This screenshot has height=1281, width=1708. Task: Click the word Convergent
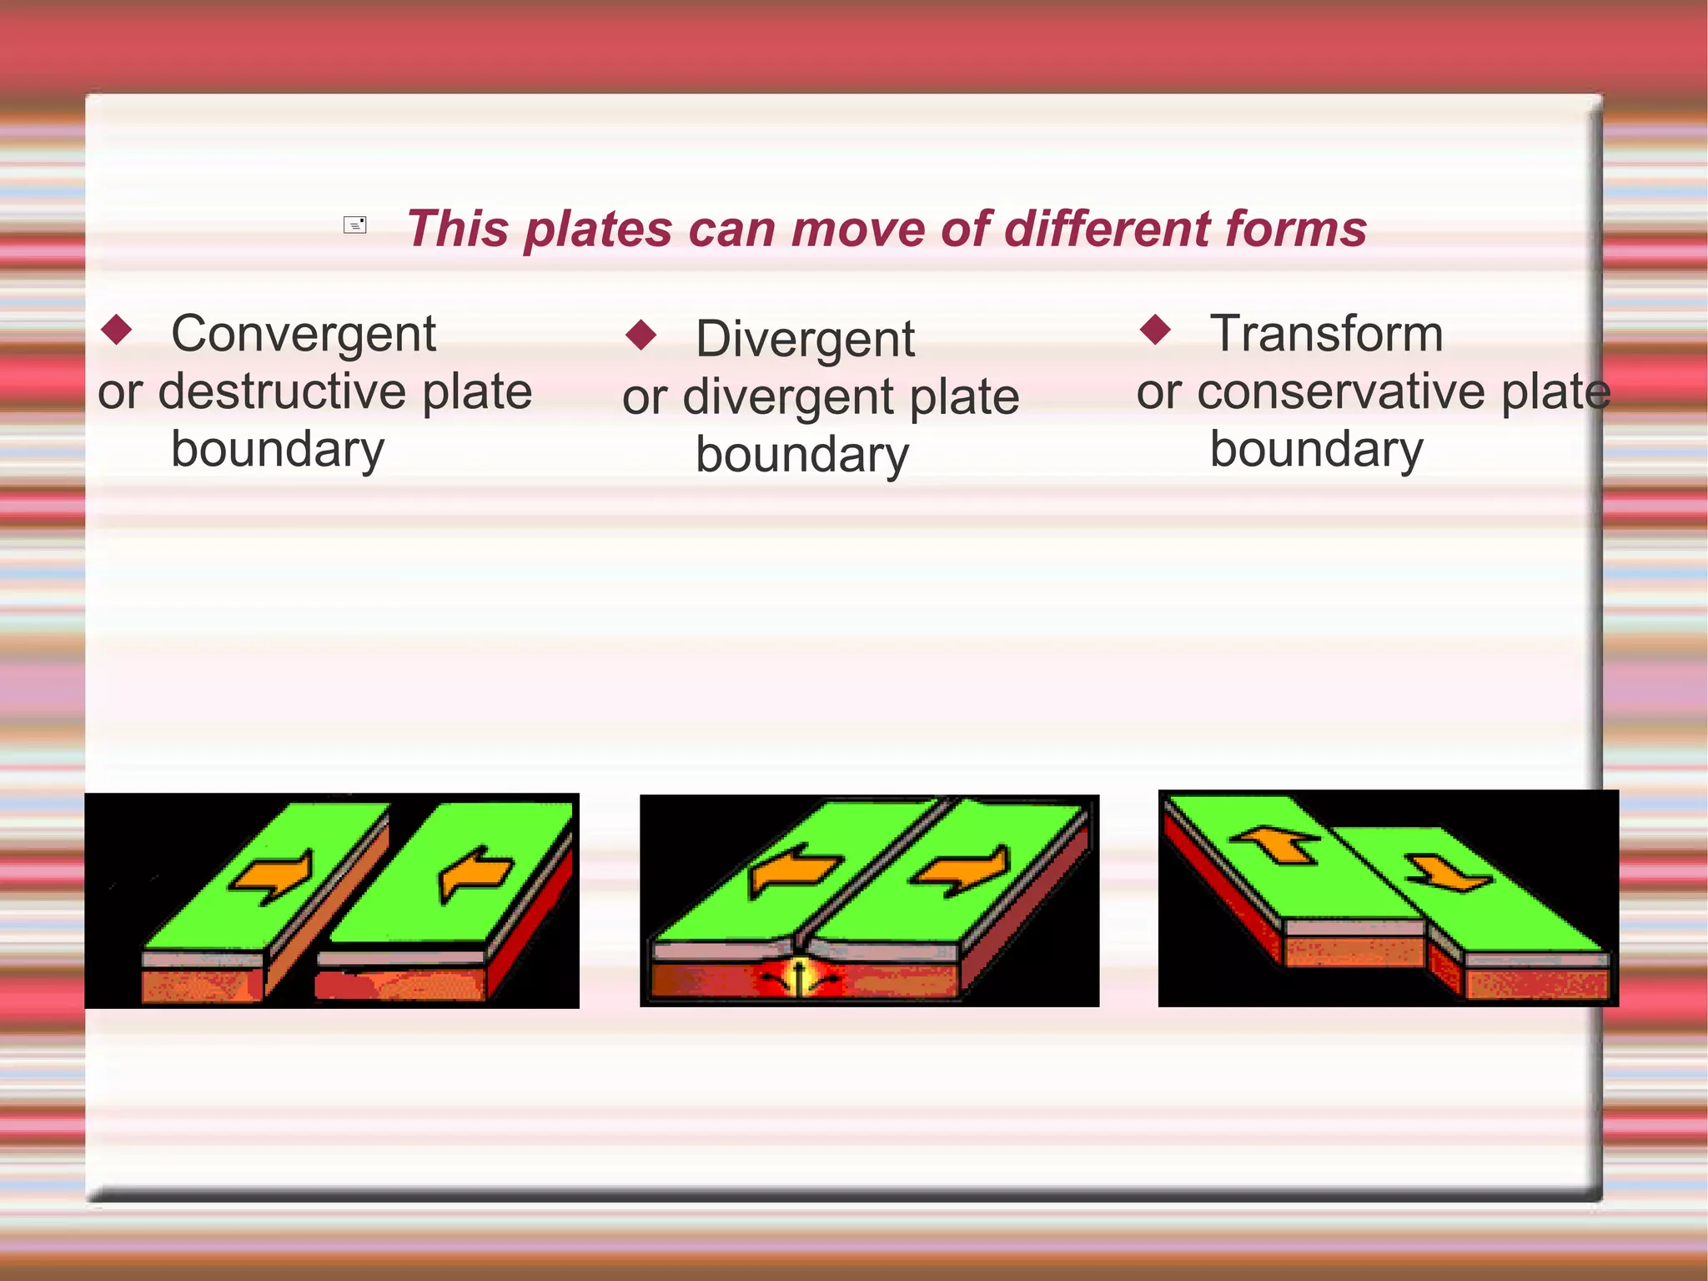click(x=303, y=335)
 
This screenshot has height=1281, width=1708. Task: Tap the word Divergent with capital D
click(x=805, y=340)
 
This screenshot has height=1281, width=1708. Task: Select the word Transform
click(x=1326, y=334)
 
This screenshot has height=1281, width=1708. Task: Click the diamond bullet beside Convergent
click(x=117, y=329)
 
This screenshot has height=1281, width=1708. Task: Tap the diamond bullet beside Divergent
click(x=641, y=335)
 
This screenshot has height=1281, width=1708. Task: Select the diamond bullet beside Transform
click(x=1156, y=329)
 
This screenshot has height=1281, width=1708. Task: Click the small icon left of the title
click(x=355, y=225)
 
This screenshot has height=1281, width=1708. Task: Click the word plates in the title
click(x=598, y=229)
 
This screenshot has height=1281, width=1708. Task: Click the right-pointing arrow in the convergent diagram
click(x=274, y=876)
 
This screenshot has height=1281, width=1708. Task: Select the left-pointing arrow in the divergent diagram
click(x=792, y=870)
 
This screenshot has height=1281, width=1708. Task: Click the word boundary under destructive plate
click(x=278, y=450)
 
